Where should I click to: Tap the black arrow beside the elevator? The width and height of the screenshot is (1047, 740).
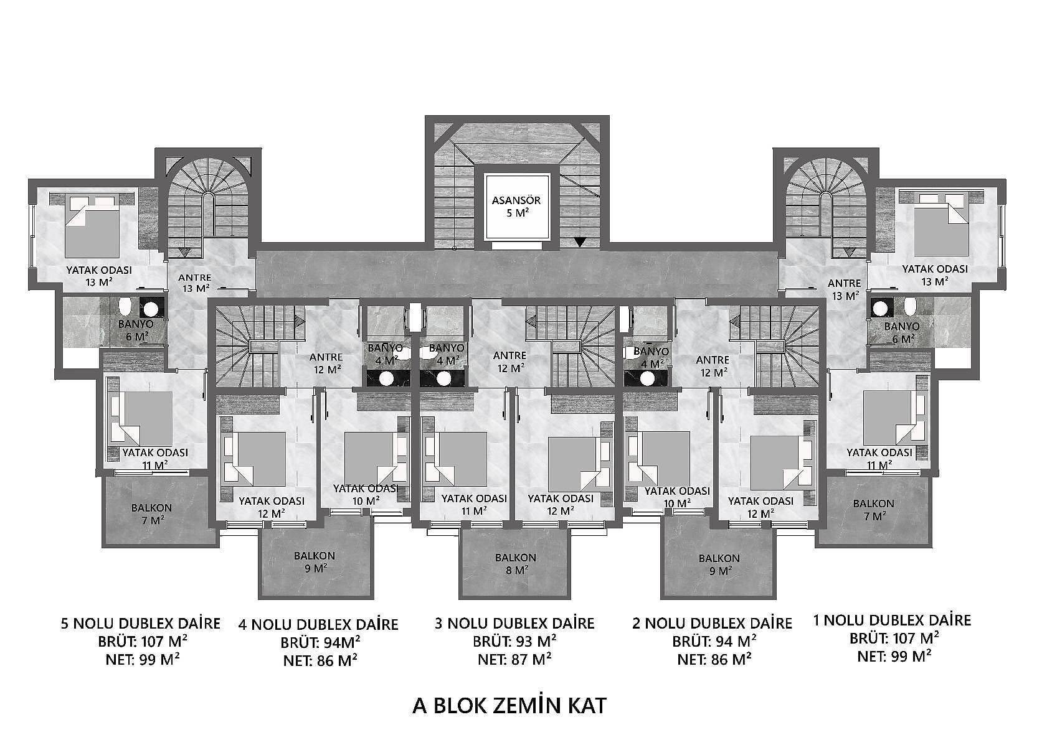[580, 242]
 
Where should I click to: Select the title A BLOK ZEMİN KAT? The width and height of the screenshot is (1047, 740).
[509, 705]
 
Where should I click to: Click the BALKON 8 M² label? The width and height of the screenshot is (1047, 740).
[516, 563]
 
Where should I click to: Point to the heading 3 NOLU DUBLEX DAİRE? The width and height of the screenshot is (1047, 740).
[514, 623]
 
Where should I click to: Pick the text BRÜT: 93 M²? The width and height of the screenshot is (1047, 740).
[514, 642]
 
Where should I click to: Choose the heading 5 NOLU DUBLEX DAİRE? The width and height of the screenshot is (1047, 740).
[140, 624]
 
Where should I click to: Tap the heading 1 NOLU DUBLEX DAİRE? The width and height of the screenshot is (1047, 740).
[893, 621]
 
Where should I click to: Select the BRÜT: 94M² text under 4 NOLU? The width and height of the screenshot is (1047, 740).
[320, 643]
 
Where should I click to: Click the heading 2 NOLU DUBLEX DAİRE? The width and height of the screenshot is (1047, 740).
[713, 623]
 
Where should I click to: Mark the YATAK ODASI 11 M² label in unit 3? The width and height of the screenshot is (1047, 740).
[474, 505]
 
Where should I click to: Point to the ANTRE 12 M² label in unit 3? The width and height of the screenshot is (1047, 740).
[509, 362]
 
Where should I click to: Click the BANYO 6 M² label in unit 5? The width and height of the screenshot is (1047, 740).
[136, 330]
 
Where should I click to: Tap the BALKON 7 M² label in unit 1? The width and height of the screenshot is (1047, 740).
[873, 510]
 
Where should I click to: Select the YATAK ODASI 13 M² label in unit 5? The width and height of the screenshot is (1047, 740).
[98, 276]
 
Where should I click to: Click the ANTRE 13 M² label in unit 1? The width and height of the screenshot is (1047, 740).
[844, 289]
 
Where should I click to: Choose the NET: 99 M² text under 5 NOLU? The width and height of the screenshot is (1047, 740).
[143, 659]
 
